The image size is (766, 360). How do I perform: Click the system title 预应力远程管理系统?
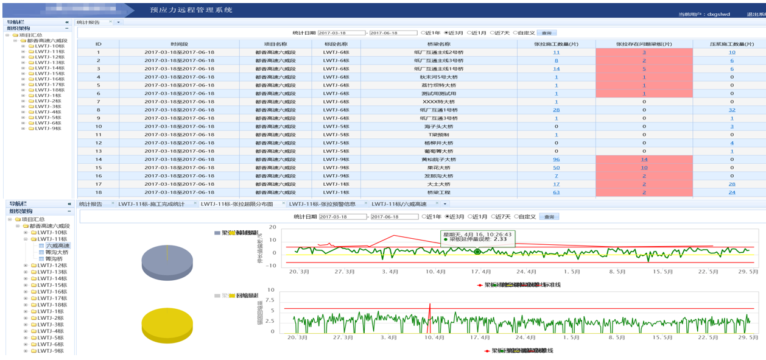point(191,10)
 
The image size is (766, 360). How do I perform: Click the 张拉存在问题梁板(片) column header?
point(644,44)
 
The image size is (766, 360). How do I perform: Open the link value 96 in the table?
point(556,160)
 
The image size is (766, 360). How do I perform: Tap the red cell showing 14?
point(644,160)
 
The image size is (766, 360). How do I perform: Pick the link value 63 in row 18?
point(556,192)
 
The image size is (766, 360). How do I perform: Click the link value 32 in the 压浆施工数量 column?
point(731,110)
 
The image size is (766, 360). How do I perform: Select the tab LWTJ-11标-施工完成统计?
point(151,204)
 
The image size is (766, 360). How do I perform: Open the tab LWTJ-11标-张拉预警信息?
point(322,204)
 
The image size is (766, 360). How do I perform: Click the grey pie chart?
point(167,263)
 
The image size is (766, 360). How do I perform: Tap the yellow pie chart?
point(167,325)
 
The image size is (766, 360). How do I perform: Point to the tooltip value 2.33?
point(501,239)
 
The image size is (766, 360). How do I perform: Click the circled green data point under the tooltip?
point(477,252)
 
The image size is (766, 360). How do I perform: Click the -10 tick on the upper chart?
point(272,266)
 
